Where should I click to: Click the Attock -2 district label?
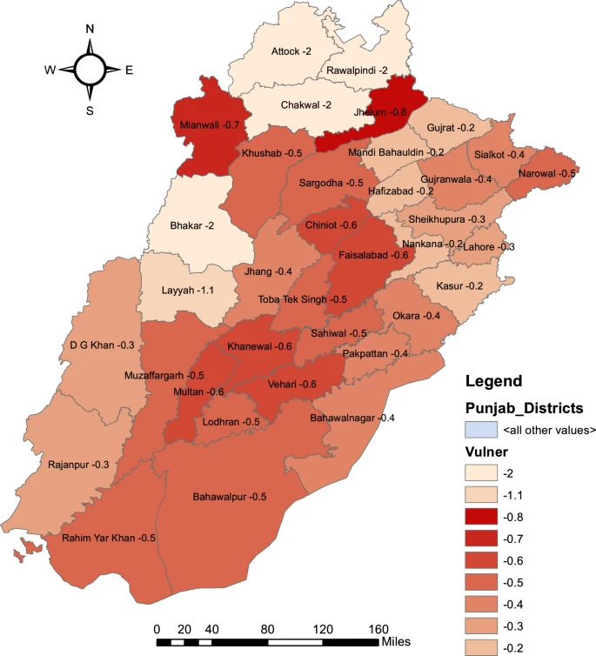pos(291,52)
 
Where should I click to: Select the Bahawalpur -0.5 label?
pos(229,498)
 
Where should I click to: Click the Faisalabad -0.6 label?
pos(373,255)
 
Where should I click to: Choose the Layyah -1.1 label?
pos(189,292)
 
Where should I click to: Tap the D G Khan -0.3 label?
pos(102,345)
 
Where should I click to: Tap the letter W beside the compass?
pos(50,70)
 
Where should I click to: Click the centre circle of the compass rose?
pos(90,70)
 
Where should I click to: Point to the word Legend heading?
pos(493,381)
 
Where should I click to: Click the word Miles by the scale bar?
pos(399,643)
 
